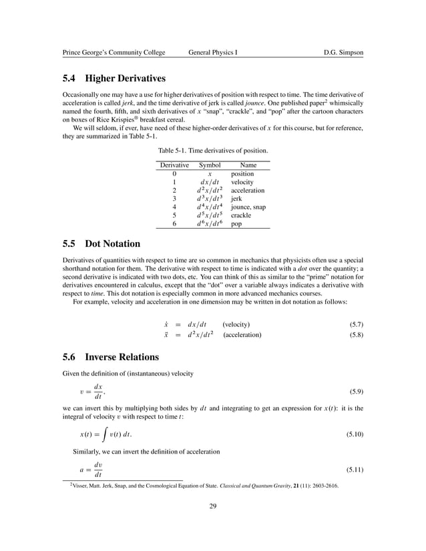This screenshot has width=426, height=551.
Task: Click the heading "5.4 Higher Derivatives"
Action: pos(114,78)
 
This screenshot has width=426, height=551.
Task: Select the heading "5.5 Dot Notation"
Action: pos(101,243)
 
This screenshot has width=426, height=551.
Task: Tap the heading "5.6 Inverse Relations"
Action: pos(110,357)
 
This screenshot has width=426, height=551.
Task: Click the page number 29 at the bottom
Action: pos(213,508)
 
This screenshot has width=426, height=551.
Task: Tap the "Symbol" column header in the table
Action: pos(210,165)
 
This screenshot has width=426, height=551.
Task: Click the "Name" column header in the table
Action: pos(248,165)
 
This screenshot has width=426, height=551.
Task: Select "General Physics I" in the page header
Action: pos(213,51)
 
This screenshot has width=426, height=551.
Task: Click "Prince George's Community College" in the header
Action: pos(114,51)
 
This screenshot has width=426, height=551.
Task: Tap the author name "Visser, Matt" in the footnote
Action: pos(89,486)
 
